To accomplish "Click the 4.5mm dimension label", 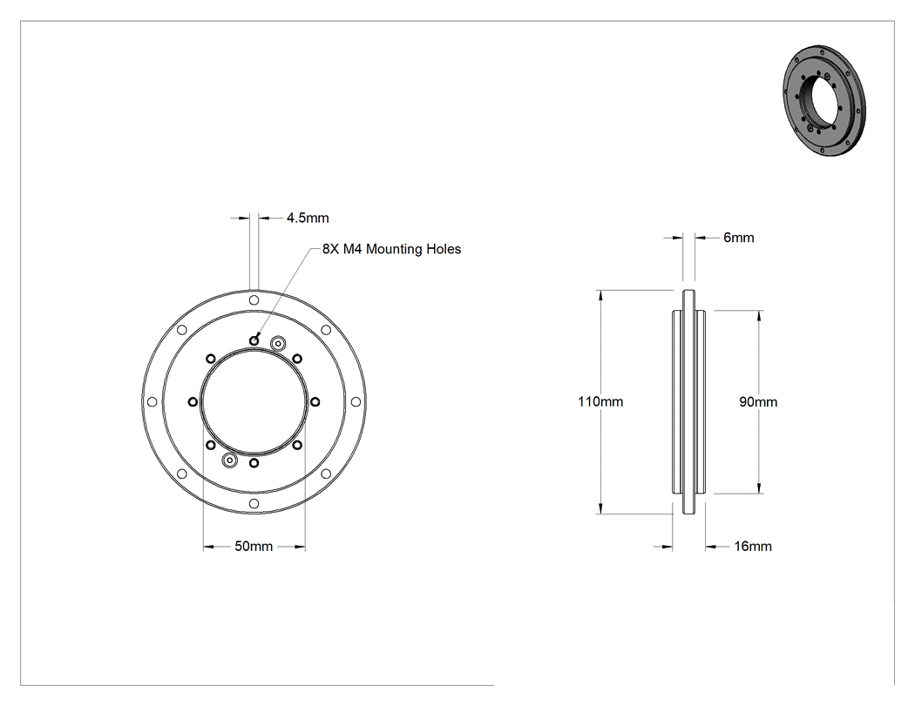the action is (308, 218).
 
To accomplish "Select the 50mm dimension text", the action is (254, 547).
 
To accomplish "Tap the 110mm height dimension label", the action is (600, 401).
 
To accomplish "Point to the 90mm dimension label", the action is (758, 401).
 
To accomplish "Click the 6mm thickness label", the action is (739, 238).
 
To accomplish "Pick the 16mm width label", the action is (753, 547).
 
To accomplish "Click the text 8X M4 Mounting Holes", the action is (391, 249).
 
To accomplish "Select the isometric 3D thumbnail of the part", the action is (824, 100).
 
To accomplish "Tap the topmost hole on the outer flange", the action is (254, 300).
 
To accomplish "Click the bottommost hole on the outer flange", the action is (254, 503).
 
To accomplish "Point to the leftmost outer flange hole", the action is (152, 401).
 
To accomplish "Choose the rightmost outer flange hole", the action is (356, 401).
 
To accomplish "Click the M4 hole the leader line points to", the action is (254, 340).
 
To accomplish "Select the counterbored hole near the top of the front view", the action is (278, 343).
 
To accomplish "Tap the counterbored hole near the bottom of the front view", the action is (230, 460).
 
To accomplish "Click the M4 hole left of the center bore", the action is (193, 401).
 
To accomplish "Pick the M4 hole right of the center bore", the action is (315, 401).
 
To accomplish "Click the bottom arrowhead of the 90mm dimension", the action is (759, 488).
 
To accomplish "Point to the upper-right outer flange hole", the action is (326, 330).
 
